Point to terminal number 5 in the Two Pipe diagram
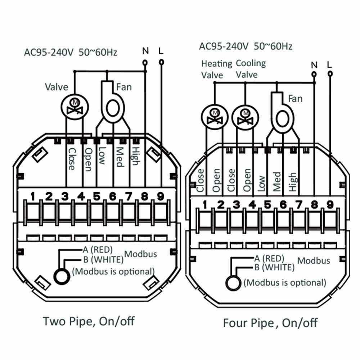click(x=96, y=197)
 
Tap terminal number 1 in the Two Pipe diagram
click(x=33, y=197)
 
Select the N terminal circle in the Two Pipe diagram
click(x=145, y=62)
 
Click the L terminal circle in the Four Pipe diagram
click(x=330, y=74)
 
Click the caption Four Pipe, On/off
click(x=270, y=322)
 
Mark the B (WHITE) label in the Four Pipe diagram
click(x=274, y=267)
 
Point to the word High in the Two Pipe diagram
click(x=135, y=156)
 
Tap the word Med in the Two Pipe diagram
click(x=120, y=157)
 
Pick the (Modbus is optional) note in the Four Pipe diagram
click(x=285, y=282)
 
